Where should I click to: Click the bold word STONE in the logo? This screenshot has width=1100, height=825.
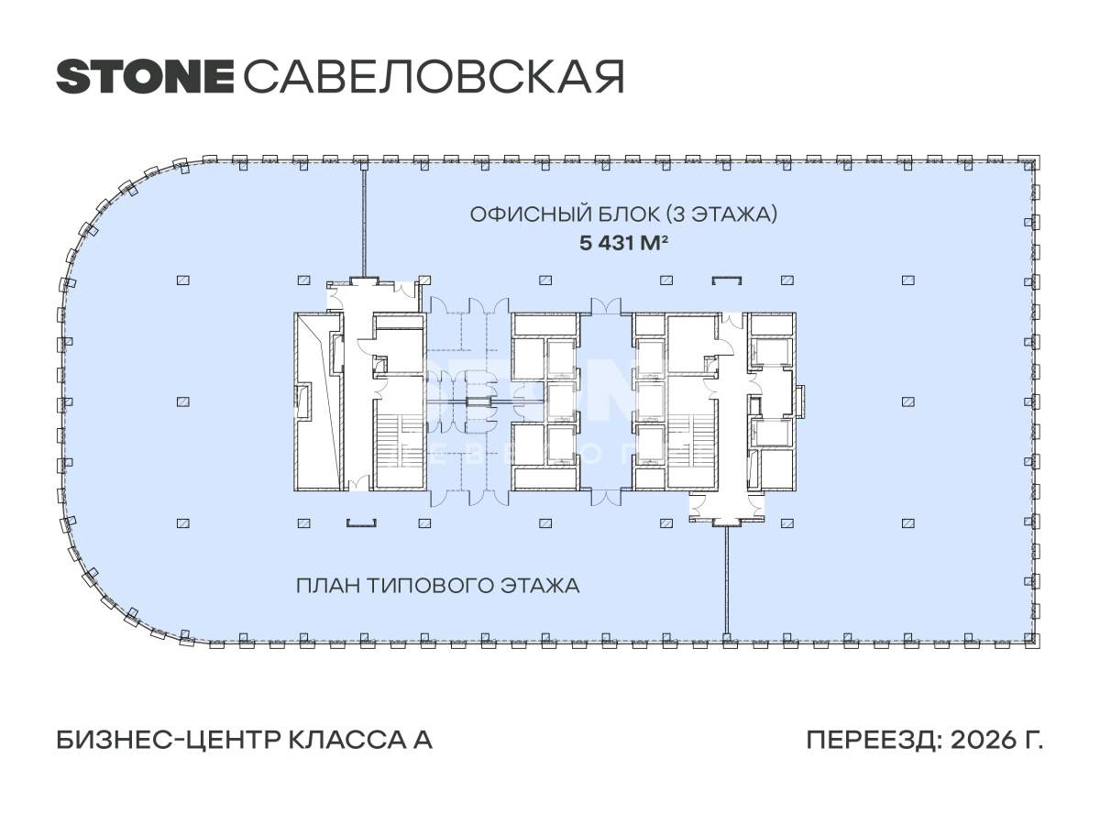pyautogui.click(x=145, y=77)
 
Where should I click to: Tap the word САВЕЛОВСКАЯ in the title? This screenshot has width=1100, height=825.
pyautogui.click(x=434, y=77)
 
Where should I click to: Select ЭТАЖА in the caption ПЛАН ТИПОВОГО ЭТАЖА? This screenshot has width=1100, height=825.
pyautogui.click(x=541, y=585)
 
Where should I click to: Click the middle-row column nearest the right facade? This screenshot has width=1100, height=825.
pyautogui.click(x=907, y=401)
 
